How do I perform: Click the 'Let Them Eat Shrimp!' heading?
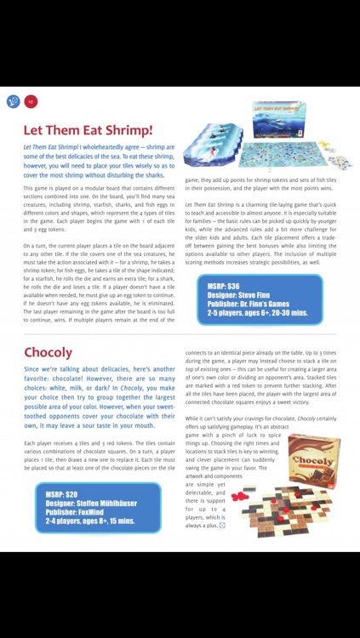pyautogui.click(x=88, y=130)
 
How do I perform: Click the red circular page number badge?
pyautogui.click(x=31, y=101)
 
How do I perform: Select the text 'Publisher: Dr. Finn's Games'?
pyautogui.click(x=254, y=304)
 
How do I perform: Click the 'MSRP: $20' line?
pyautogui.click(x=61, y=494)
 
